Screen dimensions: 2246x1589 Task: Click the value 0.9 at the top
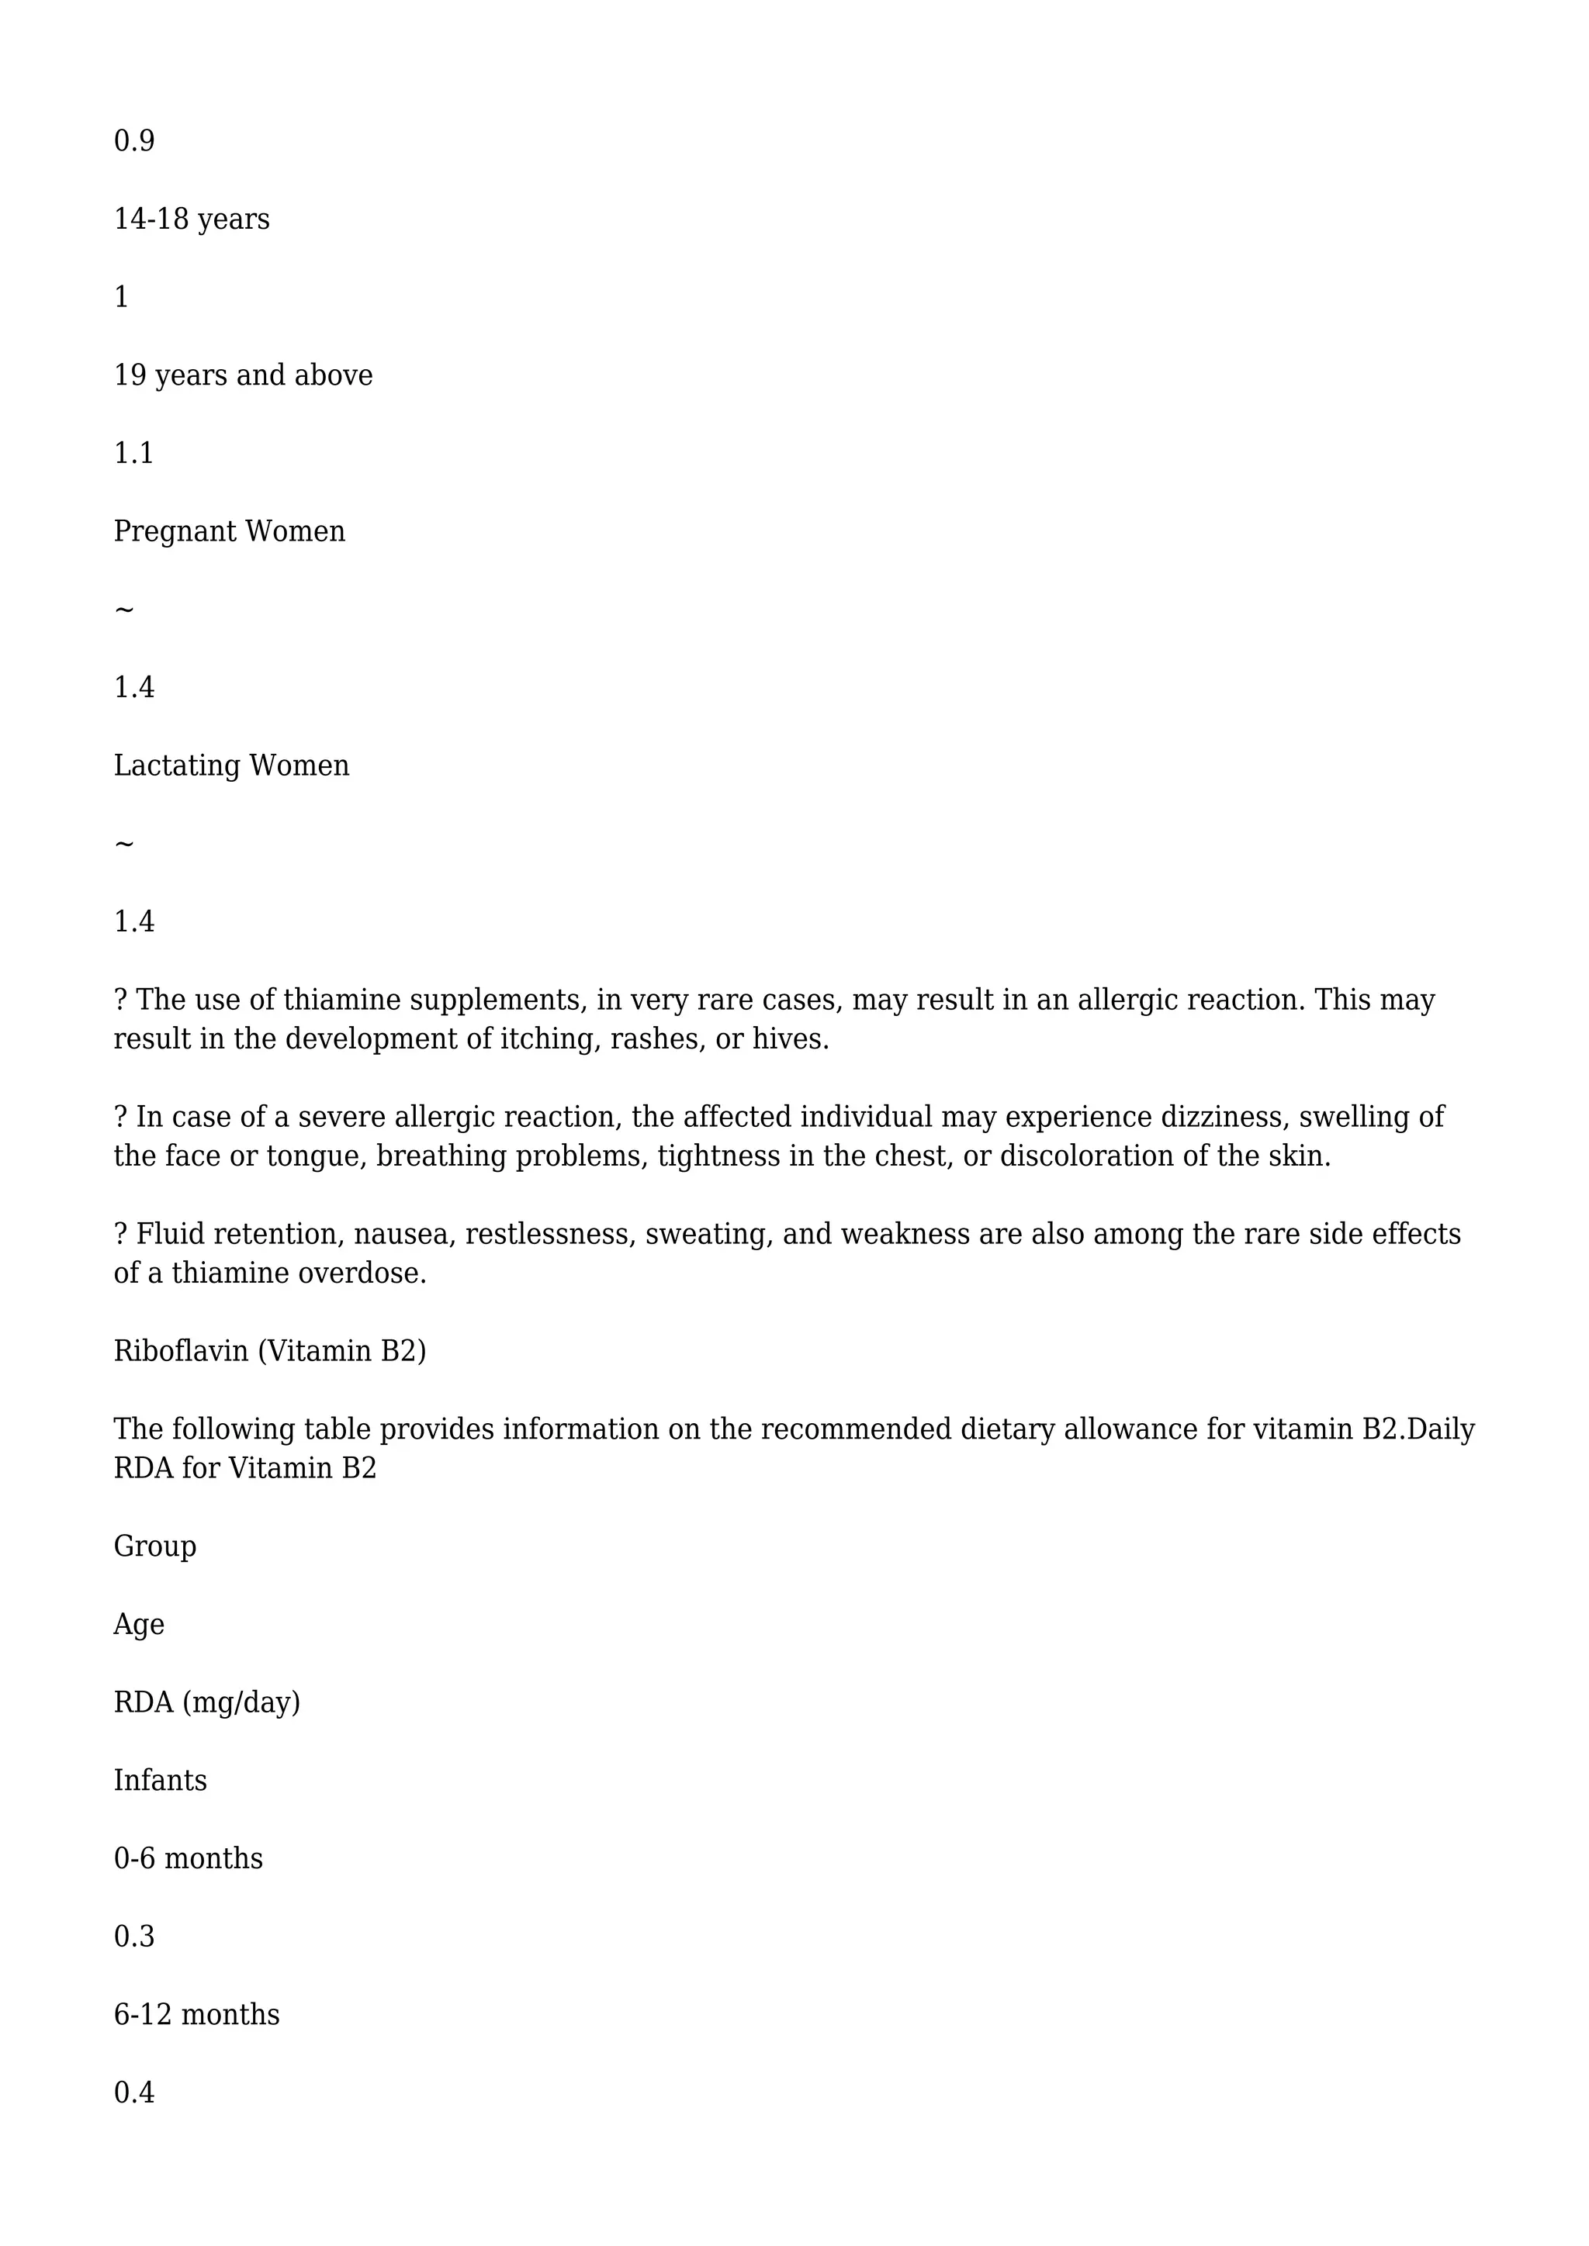134,141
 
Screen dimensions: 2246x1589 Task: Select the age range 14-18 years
192,219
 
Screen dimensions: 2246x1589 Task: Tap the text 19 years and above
243,375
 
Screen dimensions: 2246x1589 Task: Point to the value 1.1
134,453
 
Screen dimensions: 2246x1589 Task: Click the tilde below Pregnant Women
124,610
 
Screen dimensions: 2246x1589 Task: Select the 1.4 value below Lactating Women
134,921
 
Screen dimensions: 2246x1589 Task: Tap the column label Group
154,1546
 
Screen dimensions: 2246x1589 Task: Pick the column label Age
139,1625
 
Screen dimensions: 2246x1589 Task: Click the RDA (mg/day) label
206,1703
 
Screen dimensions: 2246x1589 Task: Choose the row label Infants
161,1781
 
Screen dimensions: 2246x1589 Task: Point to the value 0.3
134,1937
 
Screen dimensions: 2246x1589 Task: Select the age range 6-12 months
196,2015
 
